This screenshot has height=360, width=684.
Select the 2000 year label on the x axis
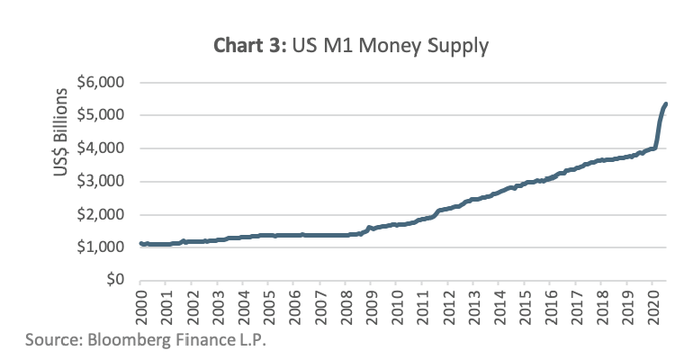tap(141, 305)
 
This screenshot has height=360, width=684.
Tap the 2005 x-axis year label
tap(269, 305)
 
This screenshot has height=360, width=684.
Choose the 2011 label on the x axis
tap(423, 305)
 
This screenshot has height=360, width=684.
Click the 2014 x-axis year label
tap(499, 305)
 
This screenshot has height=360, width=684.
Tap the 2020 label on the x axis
tap(653, 305)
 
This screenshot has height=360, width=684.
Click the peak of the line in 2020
tap(665, 104)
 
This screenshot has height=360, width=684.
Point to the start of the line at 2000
tap(141, 243)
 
